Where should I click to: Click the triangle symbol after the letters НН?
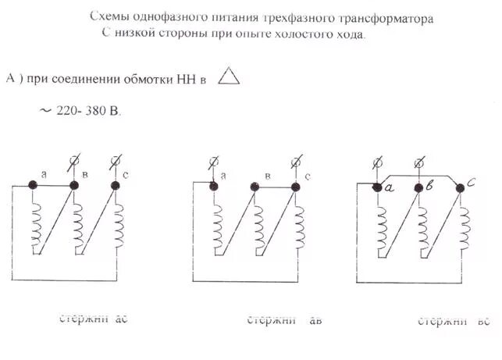227,77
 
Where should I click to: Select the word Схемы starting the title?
107,16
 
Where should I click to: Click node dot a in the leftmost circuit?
34,185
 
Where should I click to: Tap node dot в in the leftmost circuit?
75,185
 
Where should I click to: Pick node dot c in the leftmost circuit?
116,185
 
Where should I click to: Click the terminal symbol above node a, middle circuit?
213,163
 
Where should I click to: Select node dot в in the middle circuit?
255,186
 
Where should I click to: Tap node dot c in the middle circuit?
295,186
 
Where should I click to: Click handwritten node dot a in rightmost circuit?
377,187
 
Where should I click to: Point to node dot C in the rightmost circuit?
460,186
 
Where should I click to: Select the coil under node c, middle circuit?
299,225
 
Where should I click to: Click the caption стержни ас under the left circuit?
94,319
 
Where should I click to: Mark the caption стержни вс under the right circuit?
454,321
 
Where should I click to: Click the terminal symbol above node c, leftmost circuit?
116,162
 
